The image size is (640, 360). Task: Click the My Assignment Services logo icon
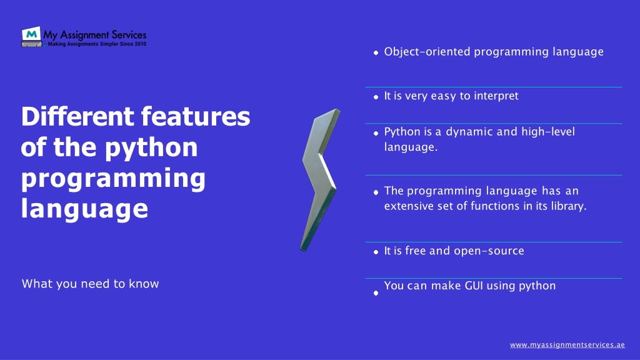point(31,36)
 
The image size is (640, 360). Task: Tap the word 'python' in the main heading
point(151,148)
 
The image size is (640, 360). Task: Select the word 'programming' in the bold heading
point(113,179)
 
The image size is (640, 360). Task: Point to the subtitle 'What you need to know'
point(90,284)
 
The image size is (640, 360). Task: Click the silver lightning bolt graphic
point(320,179)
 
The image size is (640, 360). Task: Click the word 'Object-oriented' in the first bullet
point(427,51)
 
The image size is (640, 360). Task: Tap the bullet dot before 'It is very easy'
point(376,97)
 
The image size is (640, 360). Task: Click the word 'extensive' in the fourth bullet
point(409,206)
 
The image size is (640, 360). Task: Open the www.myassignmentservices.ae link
point(567,345)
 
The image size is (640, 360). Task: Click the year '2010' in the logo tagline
point(141,44)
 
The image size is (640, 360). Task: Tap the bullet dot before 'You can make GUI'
point(376,293)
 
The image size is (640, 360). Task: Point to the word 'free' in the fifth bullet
point(416,251)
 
